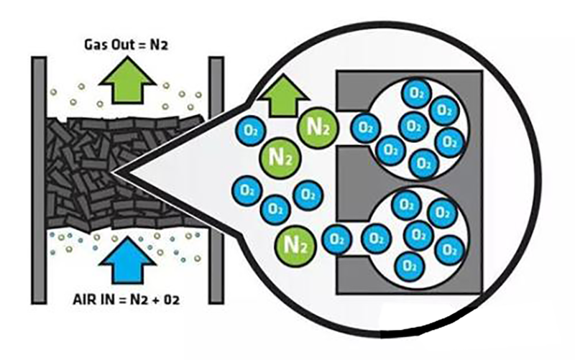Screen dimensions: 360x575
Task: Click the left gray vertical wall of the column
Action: coord(39,180)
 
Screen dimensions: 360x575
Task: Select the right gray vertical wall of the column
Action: coord(216,180)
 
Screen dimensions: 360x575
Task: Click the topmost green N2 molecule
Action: coord(317,128)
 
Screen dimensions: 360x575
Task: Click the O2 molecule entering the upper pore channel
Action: coord(364,128)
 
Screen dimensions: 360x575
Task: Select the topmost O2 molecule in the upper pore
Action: coord(415,92)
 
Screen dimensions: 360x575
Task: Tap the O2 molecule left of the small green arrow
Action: coord(249,130)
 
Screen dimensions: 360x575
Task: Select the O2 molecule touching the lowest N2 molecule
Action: coord(336,239)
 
